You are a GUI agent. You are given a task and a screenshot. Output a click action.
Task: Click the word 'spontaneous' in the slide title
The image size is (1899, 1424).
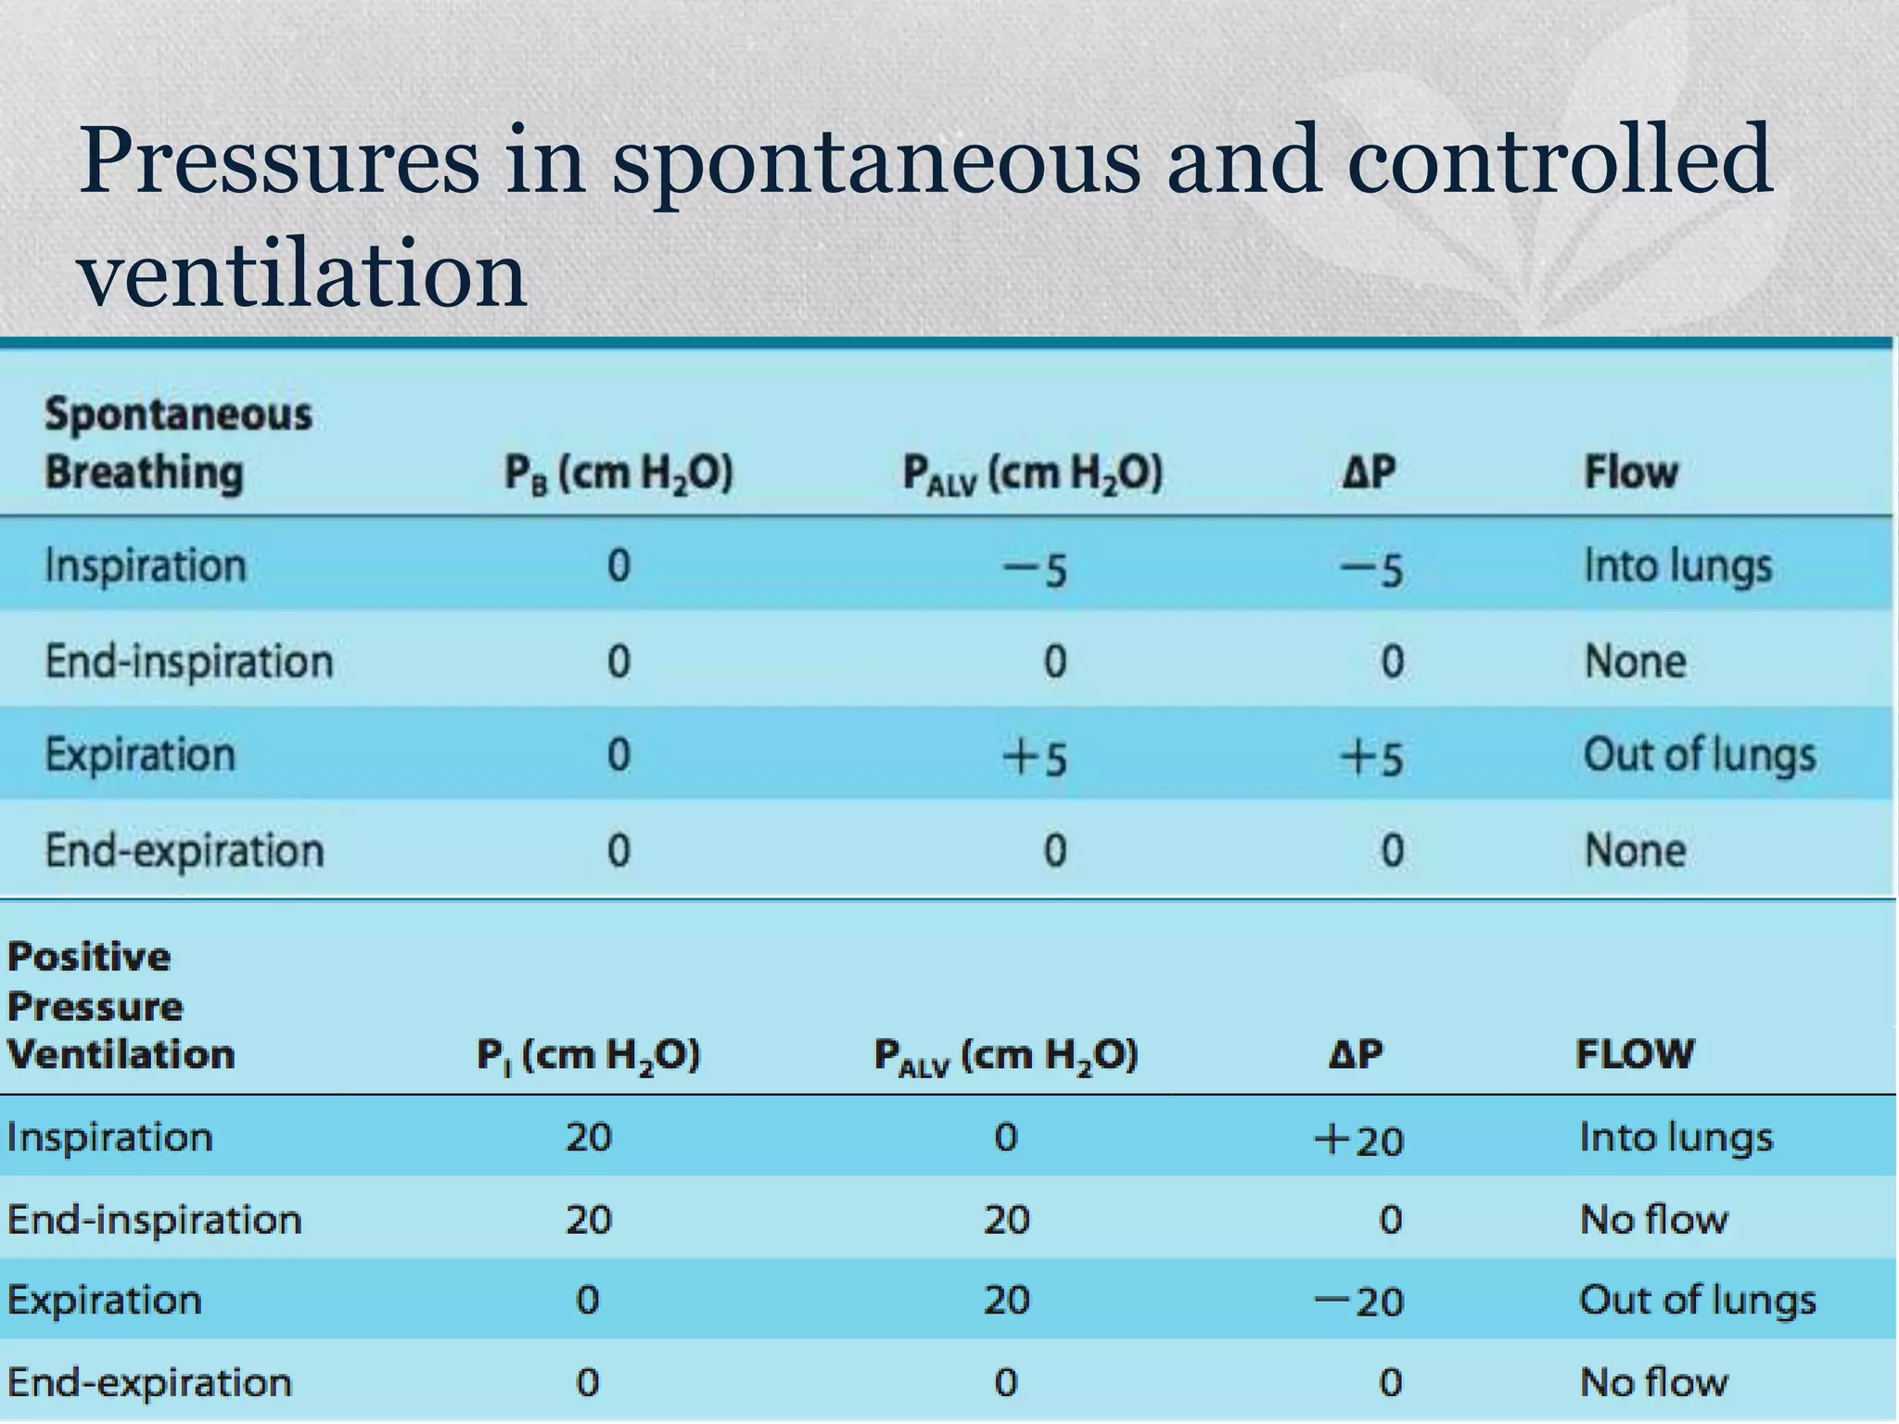874,163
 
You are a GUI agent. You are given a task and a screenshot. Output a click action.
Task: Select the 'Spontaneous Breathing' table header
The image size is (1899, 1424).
178,443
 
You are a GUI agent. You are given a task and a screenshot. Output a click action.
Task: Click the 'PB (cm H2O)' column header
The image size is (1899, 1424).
618,474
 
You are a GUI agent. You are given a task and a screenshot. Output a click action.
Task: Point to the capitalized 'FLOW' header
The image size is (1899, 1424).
1635,1054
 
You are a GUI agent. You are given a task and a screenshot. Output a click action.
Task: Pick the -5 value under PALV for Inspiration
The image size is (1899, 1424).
1036,567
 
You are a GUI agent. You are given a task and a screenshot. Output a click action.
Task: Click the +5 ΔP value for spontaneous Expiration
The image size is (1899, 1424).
1370,756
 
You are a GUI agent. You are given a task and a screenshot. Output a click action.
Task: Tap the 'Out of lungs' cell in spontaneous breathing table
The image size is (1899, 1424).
1699,755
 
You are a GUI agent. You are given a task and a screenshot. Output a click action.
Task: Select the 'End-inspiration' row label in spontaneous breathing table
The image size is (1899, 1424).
189,662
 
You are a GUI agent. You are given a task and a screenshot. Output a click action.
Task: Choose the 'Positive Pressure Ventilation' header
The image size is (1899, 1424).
121,1006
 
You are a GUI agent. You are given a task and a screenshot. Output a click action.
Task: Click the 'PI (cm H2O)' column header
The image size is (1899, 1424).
588,1056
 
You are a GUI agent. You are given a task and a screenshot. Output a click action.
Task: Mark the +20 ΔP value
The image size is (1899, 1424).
1358,1139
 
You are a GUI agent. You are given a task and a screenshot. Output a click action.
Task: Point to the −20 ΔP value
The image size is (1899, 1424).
1358,1302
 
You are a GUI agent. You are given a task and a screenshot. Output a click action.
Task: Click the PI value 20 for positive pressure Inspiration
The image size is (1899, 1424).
589,1138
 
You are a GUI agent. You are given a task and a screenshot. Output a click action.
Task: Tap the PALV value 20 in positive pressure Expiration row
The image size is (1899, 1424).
1006,1301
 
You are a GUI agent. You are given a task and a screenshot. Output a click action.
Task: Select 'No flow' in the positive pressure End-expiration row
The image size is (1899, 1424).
1654,1382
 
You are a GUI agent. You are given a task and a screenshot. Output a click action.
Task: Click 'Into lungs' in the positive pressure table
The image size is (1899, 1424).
1676,1138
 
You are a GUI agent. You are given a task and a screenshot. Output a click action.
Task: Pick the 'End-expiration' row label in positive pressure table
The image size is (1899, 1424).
149,1382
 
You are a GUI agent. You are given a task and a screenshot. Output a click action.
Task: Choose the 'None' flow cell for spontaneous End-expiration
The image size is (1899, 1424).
1635,851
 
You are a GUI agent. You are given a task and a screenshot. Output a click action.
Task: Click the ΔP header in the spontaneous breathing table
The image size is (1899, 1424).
1369,473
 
